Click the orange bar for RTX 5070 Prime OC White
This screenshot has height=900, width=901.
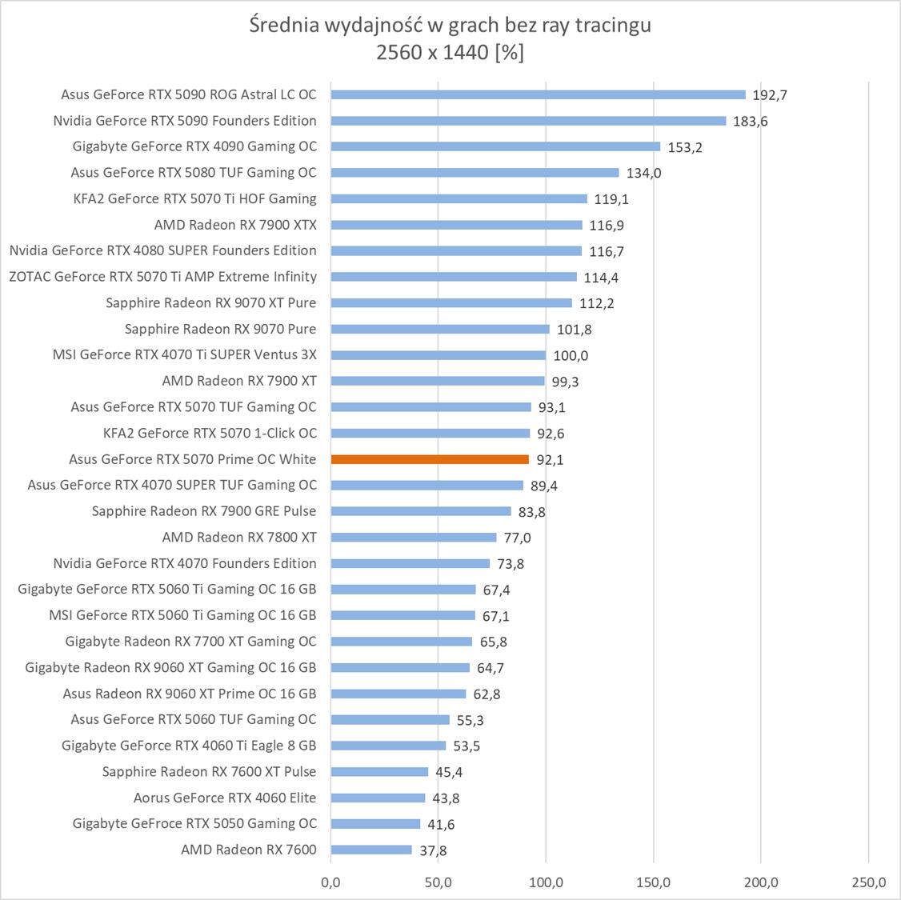click(x=430, y=459)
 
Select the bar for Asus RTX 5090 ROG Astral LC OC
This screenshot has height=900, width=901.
click(x=538, y=94)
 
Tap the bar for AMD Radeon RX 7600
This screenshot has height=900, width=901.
click(x=371, y=850)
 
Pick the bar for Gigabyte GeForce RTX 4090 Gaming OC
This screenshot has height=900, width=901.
click(x=495, y=146)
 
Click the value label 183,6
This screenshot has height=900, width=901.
click(x=751, y=122)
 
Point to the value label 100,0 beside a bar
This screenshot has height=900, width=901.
click(x=571, y=356)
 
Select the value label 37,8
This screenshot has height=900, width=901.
click(x=433, y=850)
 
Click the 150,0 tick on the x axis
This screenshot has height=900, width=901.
click(x=654, y=882)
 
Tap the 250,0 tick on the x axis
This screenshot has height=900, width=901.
click(x=869, y=882)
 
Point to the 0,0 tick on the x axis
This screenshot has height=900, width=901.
click(x=330, y=882)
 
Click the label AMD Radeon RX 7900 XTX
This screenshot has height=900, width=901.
click(x=235, y=225)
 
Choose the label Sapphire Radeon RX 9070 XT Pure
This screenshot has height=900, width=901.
click(x=210, y=303)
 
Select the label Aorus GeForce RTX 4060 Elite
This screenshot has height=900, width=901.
click(x=225, y=798)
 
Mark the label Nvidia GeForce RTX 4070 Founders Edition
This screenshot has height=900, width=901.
click(x=185, y=563)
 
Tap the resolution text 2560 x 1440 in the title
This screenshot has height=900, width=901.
click(x=431, y=53)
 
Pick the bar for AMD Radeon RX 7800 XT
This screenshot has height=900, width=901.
click(x=414, y=538)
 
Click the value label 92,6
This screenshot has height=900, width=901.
click(x=551, y=434)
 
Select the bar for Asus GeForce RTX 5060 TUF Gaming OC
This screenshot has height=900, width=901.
click(x=390, y=719)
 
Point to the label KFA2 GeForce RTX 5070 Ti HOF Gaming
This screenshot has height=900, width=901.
click(x=194, y=198)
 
